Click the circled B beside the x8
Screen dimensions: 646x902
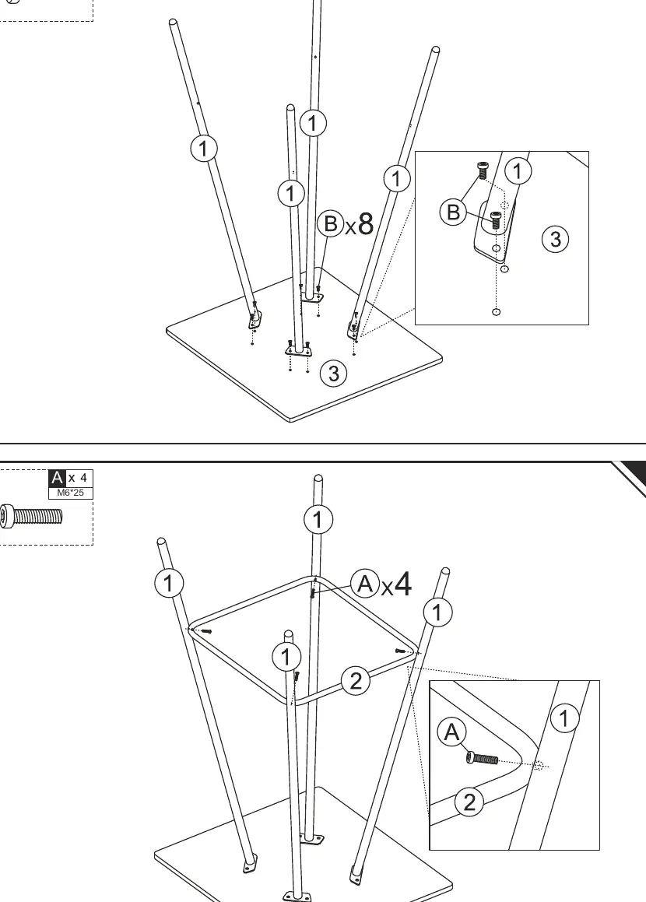pos(331,223)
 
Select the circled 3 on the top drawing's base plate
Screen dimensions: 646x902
pos(334,374)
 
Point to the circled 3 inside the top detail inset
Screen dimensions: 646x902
pos(555,239)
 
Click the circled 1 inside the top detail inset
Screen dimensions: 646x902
pos(518,171)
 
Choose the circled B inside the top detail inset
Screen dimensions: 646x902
pos(453,212)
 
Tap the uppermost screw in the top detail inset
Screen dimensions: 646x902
pos(483,171)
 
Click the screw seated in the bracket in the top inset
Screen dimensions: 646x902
pos(496,220)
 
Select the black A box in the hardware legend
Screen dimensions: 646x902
pos(57,478)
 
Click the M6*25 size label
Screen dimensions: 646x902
pos(70,493)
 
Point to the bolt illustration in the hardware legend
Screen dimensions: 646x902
pos(31,515)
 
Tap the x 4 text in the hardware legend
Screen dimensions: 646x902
pos(78,478)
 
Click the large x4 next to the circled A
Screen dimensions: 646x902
pos(395,584)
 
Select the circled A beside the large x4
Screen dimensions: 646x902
pos(365,584)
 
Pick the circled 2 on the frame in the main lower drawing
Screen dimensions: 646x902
pos(356,680)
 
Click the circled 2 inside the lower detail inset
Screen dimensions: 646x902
pos(469,802)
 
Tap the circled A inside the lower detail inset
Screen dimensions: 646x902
pos(452,733)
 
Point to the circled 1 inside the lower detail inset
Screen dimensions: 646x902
pos(564,718)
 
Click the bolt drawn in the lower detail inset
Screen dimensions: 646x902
pos(482,759)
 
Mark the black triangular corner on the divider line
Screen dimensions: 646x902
pos(631,476)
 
